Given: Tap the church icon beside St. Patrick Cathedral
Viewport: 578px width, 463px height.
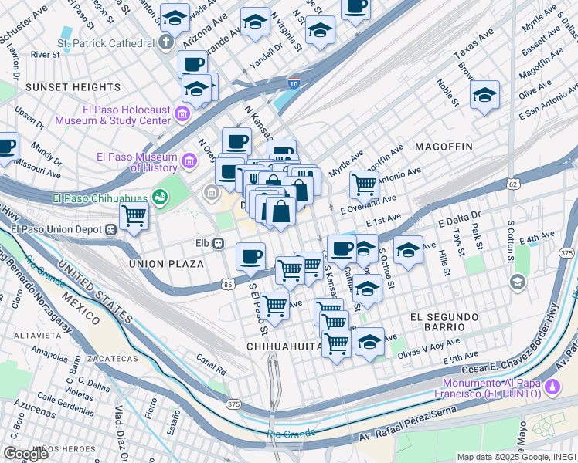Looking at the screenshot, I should coord(166,42).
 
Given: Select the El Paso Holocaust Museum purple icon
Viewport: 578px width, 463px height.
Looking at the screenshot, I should coord(182,115).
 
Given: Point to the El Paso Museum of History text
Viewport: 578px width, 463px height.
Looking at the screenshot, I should coord(136,161).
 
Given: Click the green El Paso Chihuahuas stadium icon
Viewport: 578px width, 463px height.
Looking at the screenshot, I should coord(160,198).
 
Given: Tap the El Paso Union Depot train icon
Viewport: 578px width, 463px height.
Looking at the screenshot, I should coord(111,228).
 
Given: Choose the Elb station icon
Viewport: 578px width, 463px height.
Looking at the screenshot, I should coord(219,244).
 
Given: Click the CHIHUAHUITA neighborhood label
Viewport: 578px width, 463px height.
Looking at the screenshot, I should coord(284,346).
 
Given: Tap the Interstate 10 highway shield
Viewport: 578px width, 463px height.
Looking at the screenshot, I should coord(294,82).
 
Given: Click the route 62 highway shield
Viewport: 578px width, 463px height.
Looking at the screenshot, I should coord(513,184).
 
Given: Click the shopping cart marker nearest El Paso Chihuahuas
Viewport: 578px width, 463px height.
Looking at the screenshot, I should coord(134,216).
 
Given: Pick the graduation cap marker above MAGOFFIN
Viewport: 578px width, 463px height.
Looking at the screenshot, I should coord(484,95).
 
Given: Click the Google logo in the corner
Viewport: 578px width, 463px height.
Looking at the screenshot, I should coord(25,453).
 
